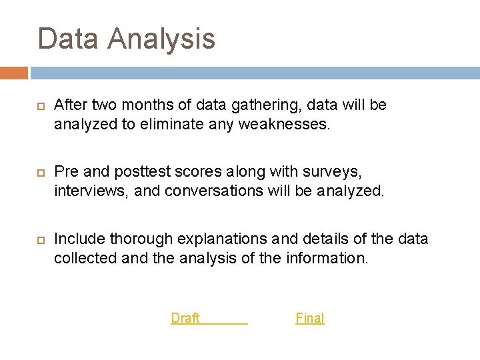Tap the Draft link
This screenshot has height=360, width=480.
186,318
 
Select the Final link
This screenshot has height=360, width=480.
310,318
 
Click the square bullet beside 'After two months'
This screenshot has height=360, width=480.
39,106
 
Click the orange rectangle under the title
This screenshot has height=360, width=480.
14,72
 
